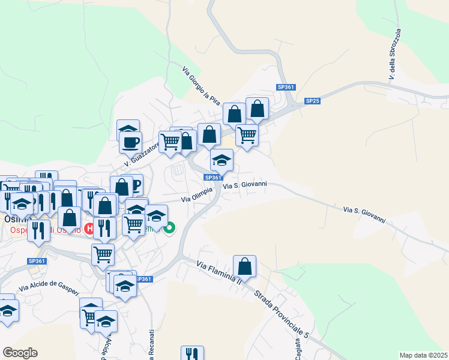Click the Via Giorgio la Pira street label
(200, 86)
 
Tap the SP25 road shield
(312, 101)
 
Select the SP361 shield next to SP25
(286, 87)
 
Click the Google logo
(20, 352)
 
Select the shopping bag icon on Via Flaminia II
(244, 266)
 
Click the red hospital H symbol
(89, 228)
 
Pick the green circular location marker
(170, 227)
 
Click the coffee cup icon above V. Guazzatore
(130, 143)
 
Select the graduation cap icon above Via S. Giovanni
(221, 160)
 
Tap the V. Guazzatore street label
(142, 155)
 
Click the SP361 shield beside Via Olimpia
(213, 178)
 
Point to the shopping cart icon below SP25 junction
(247, 136)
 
